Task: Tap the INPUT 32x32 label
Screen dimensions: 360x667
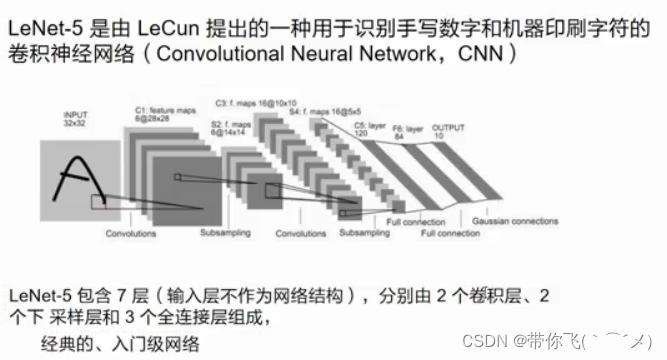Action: [76, 121]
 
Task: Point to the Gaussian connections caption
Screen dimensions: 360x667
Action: [515, 220]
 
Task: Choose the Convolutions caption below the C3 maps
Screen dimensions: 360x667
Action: [301, 233]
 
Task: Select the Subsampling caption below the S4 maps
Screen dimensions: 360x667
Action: [364, 233]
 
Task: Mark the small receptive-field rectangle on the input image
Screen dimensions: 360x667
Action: [102, 201]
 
